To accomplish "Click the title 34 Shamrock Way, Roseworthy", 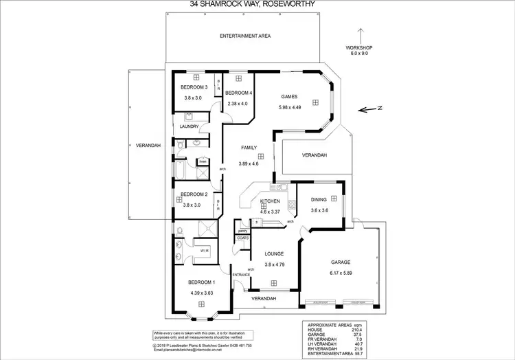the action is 257,4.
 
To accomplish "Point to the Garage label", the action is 341,262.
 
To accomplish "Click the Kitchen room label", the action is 269,201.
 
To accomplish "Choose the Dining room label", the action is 319,200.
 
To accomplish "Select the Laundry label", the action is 189,126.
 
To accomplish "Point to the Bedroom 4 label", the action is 239,93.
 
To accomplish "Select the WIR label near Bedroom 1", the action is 204,251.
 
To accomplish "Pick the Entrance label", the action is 242,274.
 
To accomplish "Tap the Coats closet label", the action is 243,238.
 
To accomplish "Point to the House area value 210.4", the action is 363,329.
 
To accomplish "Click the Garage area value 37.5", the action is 363,335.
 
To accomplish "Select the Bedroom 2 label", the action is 194,195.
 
